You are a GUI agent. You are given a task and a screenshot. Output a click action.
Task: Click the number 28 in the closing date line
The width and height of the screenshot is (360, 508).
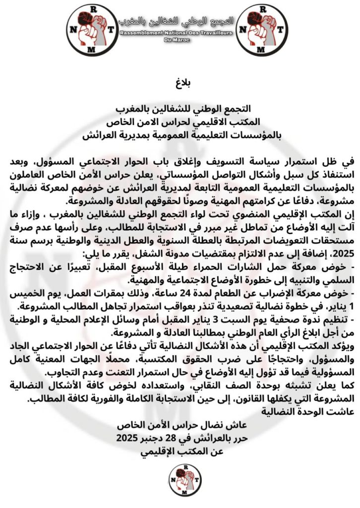pyautogui.click(x=172, y=439)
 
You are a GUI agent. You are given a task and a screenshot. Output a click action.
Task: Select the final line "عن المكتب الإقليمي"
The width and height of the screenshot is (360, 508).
pyautogui.click(x=180, y=451)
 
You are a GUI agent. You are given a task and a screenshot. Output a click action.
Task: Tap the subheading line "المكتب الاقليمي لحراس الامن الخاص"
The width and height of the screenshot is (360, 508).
pyautogui.click(x=180, y=120)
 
